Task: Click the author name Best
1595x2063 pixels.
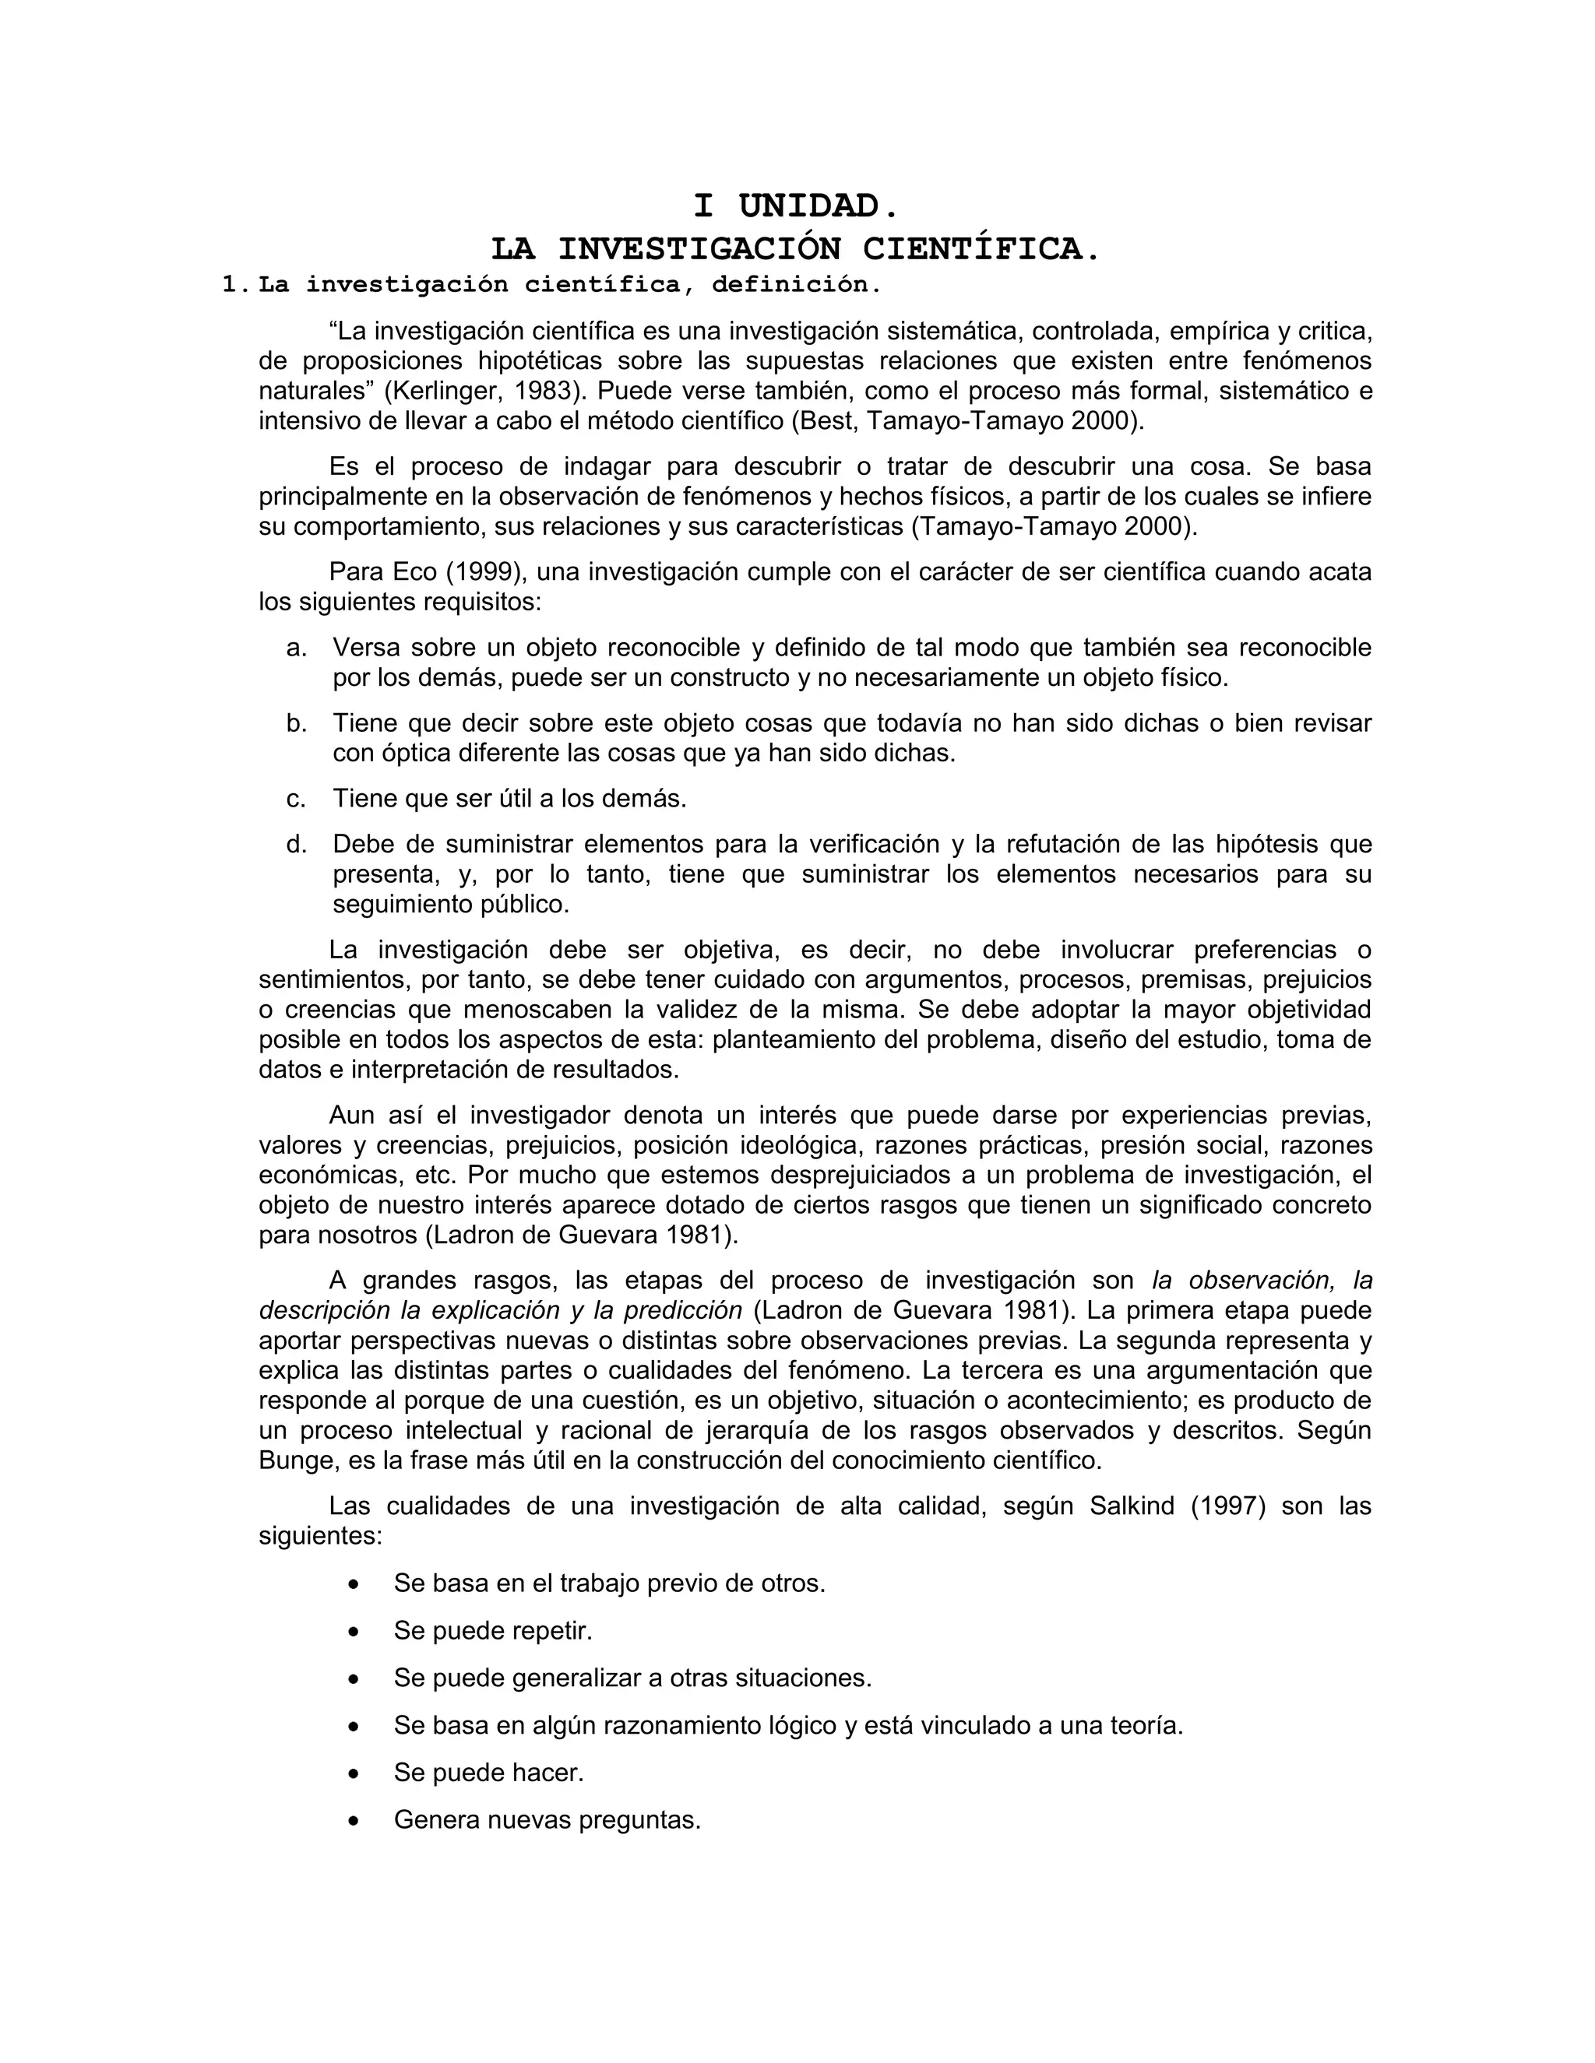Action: click(825, 421)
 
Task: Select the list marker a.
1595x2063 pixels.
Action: click(297, 648)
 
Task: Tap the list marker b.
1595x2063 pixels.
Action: click(297, 723)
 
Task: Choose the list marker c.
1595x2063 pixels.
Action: click(297, 800)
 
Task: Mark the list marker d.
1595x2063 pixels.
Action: click(297, 845)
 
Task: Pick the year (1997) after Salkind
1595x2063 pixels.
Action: click(1227, 1506)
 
